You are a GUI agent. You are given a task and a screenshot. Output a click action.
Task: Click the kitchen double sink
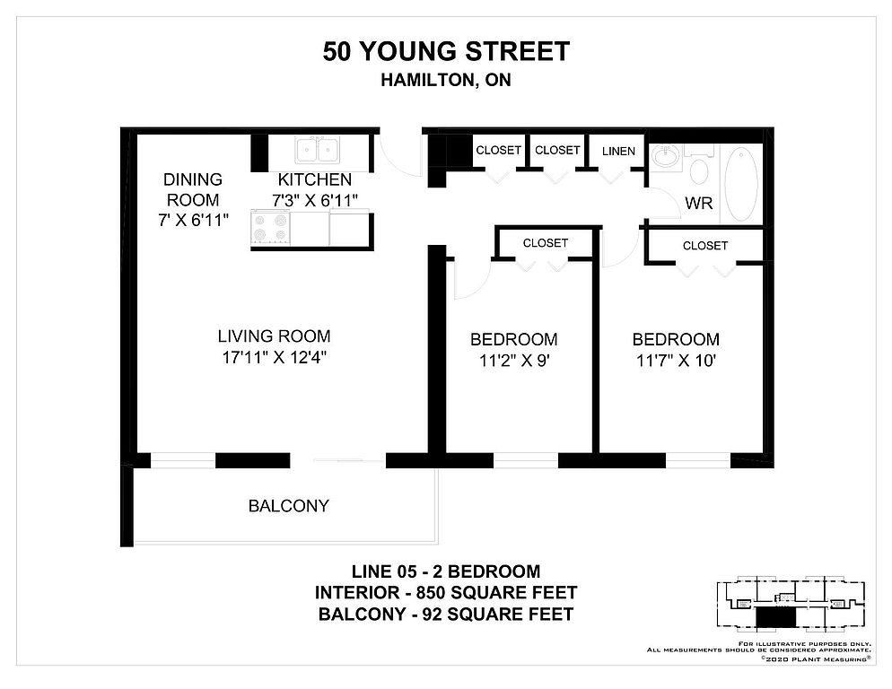318,150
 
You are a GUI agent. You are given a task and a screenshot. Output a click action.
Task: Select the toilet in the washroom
698,165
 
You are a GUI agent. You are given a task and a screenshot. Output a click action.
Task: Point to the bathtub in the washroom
741,184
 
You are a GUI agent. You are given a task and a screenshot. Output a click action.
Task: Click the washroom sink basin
666,155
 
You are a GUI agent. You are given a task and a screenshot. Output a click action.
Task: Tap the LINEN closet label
618,152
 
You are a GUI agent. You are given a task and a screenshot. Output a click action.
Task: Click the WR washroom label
698,203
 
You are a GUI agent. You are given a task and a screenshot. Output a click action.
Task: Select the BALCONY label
288,506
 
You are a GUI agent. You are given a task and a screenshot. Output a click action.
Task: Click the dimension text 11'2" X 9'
513,361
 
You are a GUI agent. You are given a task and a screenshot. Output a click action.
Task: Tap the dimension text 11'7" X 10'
676,361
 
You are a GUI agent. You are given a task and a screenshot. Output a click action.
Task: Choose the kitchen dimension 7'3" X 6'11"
315,200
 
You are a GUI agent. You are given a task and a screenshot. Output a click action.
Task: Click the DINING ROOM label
192,189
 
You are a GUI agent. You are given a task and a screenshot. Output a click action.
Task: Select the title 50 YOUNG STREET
446,52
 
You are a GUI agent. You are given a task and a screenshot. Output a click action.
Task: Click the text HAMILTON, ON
446,80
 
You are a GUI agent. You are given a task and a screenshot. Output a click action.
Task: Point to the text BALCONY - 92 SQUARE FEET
446,615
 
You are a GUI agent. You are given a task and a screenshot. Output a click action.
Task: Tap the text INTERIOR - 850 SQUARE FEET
446,593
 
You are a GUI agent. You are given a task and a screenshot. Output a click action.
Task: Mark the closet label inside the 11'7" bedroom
705,246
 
